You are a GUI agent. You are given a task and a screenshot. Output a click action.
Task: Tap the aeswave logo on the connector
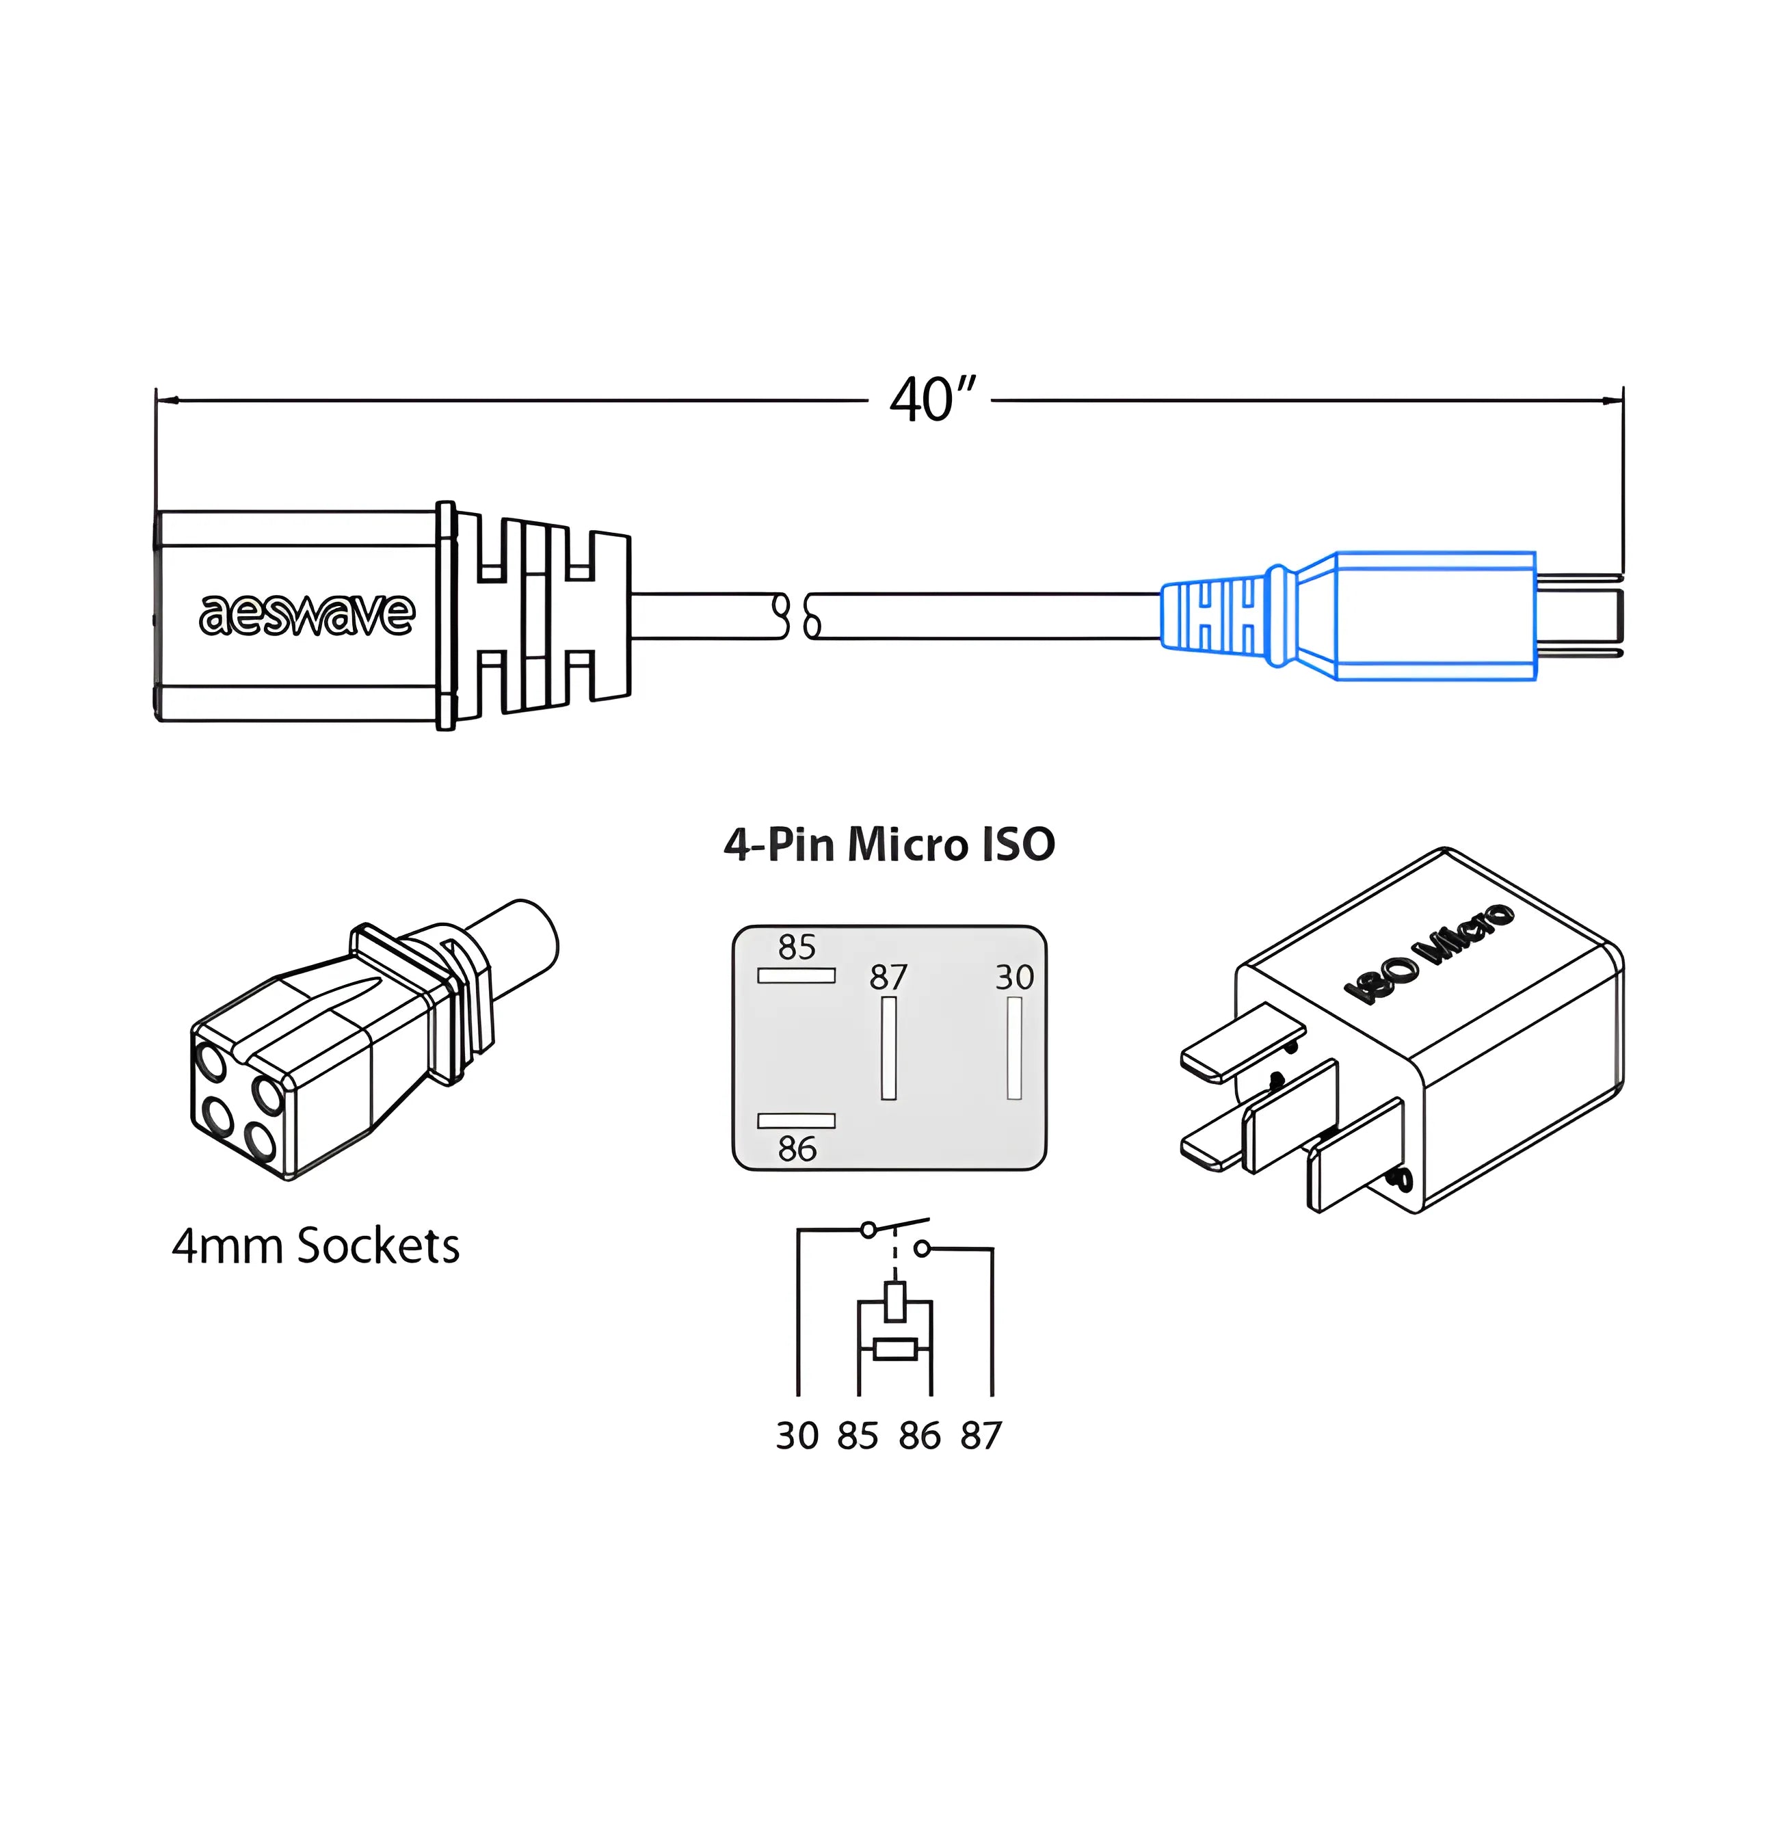307,614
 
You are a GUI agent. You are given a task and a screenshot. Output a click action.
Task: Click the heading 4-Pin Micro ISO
888,845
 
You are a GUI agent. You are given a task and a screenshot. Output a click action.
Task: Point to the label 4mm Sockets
316,1247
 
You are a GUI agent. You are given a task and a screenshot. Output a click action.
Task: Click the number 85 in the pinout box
797,947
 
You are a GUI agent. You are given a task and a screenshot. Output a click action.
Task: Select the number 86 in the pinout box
797,1148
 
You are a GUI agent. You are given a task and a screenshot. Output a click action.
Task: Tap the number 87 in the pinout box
888,977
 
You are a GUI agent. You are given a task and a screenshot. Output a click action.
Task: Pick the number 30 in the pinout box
1014,977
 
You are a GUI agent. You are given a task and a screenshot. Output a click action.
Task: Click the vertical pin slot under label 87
888,1047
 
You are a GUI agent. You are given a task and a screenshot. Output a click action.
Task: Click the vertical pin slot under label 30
1014,1047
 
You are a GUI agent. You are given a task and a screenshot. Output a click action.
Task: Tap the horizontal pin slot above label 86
796,1120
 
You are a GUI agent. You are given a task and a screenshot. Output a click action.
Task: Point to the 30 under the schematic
797,1436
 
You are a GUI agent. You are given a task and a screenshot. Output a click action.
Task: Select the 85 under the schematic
858,1436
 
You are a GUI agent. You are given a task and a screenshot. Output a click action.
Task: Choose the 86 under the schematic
919,1436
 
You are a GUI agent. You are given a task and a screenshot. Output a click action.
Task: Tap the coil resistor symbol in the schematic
895,1349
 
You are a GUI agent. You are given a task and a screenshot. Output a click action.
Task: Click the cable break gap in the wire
797,616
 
